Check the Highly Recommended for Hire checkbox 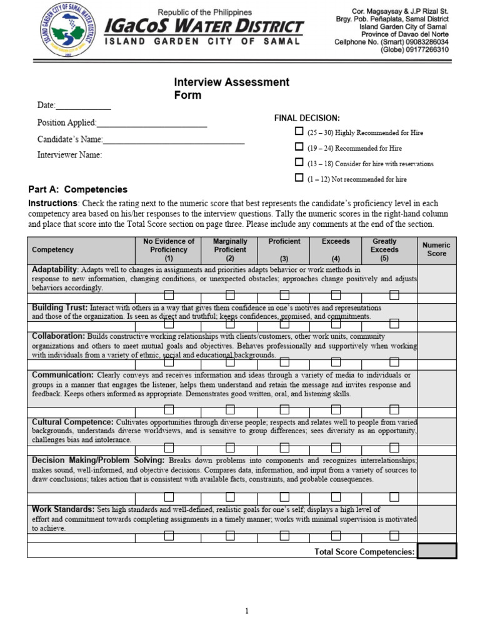[x=299, y=132]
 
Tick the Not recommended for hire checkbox [x=299, y=178]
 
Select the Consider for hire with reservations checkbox [x=299, y=162]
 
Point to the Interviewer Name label [x=69, y=155]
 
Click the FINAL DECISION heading [x=307, y=117]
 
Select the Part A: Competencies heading [x=78, y=189]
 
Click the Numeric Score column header [x=437, y=249]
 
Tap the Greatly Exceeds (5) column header [x=384, y=249]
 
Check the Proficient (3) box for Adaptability [x=284, y=295]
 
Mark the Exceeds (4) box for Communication [x=336, y=409]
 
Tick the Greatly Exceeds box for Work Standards [x=394, y=535]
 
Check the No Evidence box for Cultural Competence [x=169, y=447]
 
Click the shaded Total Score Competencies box [x=437, y=551]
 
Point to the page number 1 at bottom [x=247, y=612]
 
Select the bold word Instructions [x=53, y=204]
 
